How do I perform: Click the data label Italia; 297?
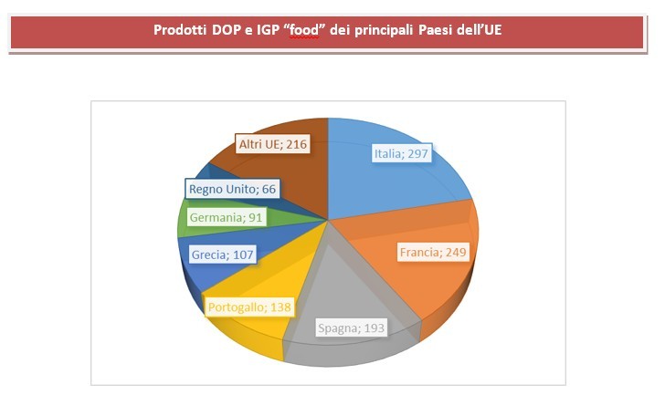pyautogui.click(x=402, y=154)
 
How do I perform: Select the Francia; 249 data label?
pyautogui.click(x=433, y=251)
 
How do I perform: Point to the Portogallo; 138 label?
pyautogui.click(x=248, y=307)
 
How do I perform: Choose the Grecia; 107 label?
pyautogui.click(x=221, y=255)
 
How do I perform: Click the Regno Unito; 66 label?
pyautogui.click(x=232, y=189)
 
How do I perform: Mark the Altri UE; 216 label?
pyautogui.click(x=271, y=144)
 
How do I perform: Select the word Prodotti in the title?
pyautogui.click(x=182, y=29)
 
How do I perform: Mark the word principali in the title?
pyautogui.click(x=380, y=29)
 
